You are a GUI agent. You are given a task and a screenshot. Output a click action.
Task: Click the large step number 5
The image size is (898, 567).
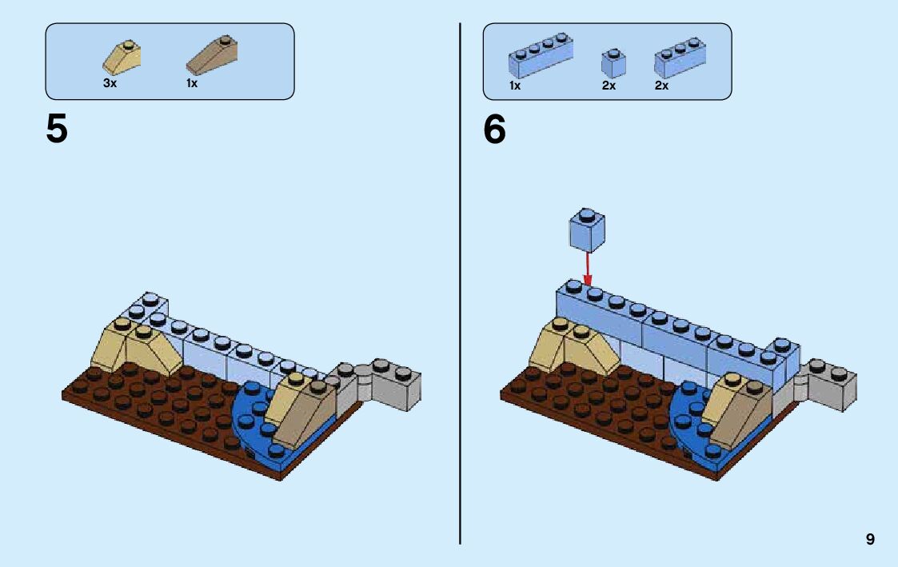57,129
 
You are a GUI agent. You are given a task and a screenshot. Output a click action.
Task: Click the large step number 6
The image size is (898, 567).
494,129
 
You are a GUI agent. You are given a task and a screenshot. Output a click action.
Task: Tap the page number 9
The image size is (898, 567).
870,540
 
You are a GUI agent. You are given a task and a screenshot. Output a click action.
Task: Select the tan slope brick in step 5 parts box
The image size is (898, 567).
122,57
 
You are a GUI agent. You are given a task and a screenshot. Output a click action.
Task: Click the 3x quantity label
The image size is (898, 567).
110,83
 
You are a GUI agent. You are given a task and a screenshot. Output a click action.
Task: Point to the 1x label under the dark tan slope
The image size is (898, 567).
192,83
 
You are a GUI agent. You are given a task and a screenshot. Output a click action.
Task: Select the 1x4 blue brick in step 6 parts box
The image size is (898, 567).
541,55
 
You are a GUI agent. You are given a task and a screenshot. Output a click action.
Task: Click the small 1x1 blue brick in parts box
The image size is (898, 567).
613,62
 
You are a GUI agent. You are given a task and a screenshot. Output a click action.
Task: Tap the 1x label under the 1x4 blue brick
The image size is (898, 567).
515,86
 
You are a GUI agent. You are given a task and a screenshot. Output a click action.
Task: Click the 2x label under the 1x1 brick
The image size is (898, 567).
609,86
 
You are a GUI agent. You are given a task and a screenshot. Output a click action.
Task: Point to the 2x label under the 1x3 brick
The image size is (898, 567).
661,86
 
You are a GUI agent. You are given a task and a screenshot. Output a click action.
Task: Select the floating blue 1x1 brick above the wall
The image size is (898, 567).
587,230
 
